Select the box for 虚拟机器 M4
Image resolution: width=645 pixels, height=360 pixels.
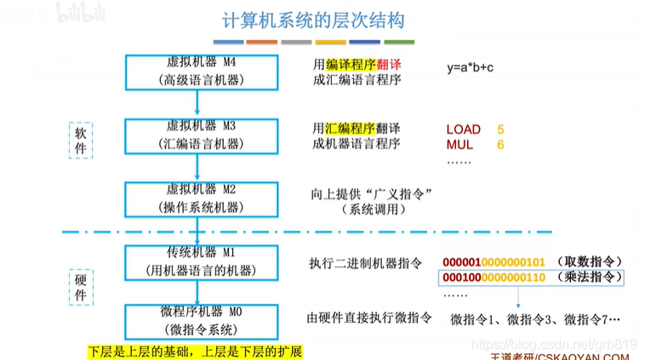[197, 71]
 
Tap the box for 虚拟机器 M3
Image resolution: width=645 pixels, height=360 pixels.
[197, 134]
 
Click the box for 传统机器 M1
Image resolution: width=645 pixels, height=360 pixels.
[197, 261]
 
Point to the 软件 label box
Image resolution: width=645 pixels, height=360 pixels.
[80, 140]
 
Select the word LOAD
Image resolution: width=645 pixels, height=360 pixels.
[463, 129]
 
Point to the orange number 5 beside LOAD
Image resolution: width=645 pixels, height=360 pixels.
[500, 129]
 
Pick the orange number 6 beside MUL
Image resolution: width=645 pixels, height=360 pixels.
[500, 145]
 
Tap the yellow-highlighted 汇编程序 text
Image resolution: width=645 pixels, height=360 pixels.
[350, 129]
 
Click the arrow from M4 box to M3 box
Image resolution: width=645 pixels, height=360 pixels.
[197, 103]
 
